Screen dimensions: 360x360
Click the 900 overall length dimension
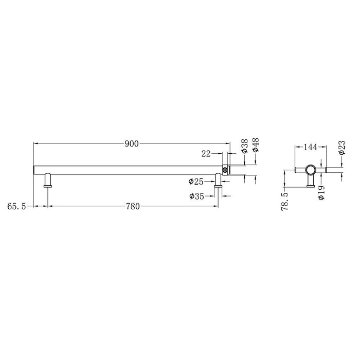coord(132,144)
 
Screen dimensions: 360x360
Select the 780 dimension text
coord(133,207)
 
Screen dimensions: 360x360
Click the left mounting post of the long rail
coord(48,181)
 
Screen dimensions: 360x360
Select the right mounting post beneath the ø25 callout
coord(219,181)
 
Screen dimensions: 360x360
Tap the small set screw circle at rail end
coord(225,169)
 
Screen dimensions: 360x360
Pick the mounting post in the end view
coord(310,182)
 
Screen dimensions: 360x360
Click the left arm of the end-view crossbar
coord(299,169)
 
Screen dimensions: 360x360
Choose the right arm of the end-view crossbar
coord(322,169)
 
